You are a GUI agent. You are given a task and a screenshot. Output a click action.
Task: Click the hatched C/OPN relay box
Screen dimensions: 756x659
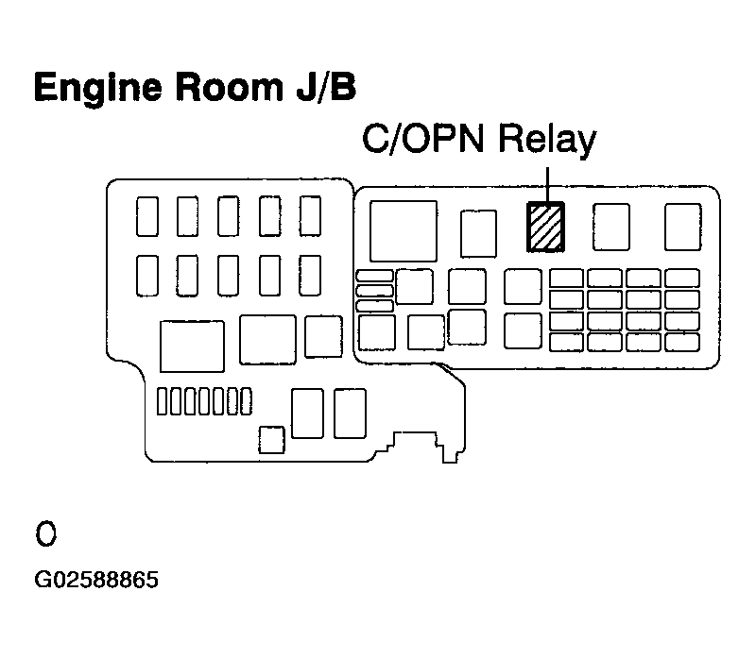point(545,227)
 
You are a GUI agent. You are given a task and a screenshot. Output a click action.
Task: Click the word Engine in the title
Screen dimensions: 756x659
point(98,88)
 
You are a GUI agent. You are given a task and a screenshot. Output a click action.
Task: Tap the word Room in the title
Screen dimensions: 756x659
point(229,87)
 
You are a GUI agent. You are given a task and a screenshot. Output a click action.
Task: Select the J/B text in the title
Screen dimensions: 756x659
point(326,87)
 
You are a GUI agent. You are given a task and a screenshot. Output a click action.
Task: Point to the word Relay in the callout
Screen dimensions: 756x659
point(547,139)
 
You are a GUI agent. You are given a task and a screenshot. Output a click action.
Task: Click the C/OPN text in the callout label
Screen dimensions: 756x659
point(422,138)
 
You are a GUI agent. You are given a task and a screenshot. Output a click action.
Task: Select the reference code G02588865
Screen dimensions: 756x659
point(96,580)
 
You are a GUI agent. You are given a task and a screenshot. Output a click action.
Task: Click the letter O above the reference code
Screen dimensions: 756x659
point(45,533)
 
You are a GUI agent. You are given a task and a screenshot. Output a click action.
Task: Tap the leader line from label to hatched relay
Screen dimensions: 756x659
point(547,184)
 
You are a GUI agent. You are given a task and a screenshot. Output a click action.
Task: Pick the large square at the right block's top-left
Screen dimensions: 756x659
point(404,231)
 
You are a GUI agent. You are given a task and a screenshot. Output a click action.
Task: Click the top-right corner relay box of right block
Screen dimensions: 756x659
point(682,227)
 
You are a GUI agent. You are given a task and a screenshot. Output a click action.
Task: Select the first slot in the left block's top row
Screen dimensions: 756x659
point(147,216)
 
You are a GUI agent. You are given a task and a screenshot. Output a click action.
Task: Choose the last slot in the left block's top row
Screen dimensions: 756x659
point(310,216)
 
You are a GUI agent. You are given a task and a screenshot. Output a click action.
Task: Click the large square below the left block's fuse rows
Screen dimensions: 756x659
point(192,346)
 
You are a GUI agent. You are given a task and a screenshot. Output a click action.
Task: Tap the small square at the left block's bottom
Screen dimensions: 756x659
point(271,439)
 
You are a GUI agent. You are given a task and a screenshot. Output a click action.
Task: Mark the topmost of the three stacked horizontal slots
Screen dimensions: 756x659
point(374,276)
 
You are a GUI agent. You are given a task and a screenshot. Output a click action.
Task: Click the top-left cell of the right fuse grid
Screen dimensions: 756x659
point(566,278)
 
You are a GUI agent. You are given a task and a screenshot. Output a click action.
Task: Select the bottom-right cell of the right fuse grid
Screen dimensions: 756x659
point(682,342)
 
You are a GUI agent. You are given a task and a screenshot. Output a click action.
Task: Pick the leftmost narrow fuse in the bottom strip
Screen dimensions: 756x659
point(162,401)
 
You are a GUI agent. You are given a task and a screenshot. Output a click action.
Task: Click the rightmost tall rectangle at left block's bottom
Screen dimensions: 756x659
point(350,414)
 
